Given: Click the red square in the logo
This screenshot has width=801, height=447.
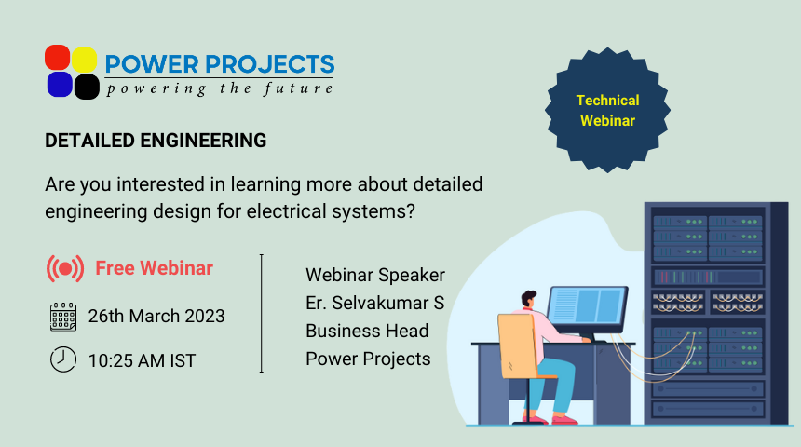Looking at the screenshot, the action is click(x=57, y=57).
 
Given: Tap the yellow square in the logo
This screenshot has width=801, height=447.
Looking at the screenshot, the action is click(x=84, y=60).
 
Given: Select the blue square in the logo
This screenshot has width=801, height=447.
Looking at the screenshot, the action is click(x=60, y=85).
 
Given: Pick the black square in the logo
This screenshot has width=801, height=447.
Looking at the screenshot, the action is click(x=87, y=87).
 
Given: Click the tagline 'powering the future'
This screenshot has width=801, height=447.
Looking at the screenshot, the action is click(x=220, y=88).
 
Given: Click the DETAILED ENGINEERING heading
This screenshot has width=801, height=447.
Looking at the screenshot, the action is click(x=156, y=141).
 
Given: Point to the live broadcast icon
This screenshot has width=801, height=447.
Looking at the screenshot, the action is click(x=65, y=268).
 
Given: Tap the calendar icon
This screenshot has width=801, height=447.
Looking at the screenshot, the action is click(x=63, y=317).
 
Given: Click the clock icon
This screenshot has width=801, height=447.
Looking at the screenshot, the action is click(x=63, y=359).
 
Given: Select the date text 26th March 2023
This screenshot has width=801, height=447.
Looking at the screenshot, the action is click(x=156, y=317).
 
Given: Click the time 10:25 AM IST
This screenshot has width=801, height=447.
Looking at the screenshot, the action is click(x=142, y=360).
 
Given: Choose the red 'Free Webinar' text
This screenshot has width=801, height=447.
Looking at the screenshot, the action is click(x=155, y=268).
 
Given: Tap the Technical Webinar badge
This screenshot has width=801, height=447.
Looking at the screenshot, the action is click(x=607, y=110).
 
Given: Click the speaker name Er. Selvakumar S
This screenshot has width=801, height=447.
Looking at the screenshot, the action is click(x=375, y=303).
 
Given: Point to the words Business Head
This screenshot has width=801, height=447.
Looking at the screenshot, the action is click(x=367, y=331).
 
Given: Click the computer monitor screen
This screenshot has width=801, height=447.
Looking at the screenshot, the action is click(x=588, y=306).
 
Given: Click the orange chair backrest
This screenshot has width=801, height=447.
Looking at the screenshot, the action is click(x=517, y=345).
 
